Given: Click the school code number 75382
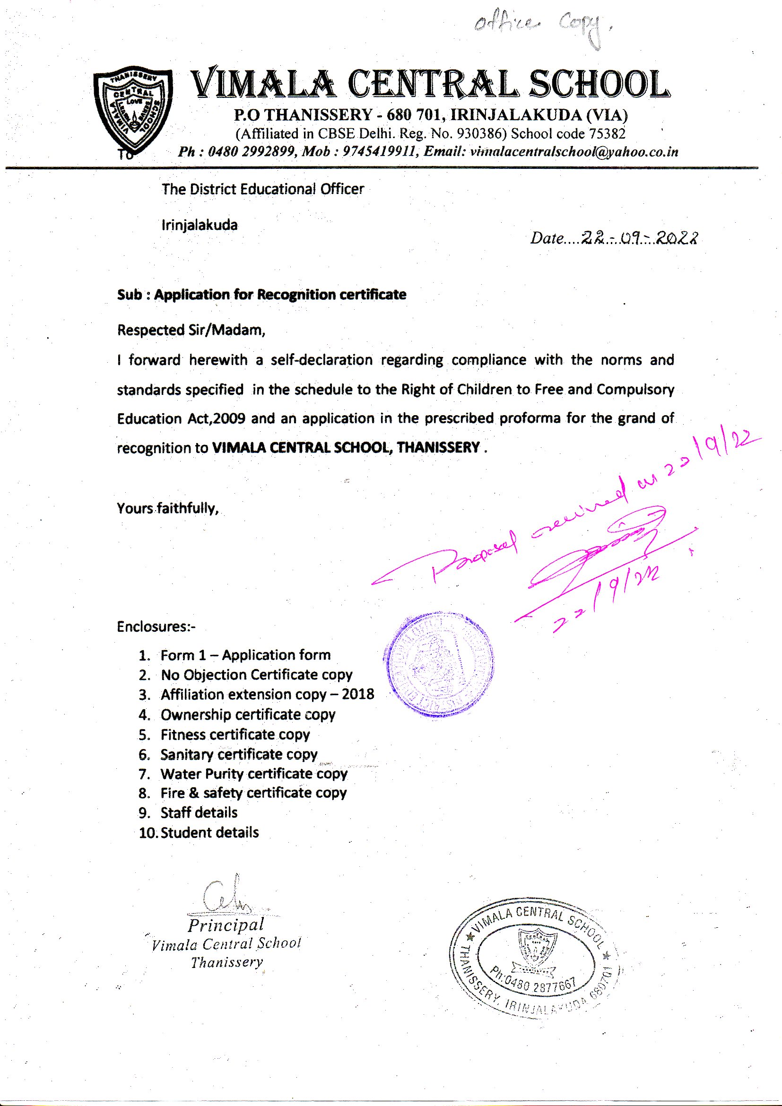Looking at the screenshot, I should (608, 133).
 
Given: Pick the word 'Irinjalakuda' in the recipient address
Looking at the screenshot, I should (200, 225).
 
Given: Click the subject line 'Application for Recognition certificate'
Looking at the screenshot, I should (280, 295).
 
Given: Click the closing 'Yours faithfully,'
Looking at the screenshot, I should (168, 508).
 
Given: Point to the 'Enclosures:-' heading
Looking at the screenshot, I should (156, 627).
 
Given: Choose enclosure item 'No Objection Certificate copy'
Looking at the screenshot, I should (256, 675).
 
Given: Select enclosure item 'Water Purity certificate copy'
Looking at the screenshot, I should (254, 774).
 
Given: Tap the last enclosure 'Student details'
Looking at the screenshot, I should (209, 833).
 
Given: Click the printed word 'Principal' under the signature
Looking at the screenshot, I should (226, 924).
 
